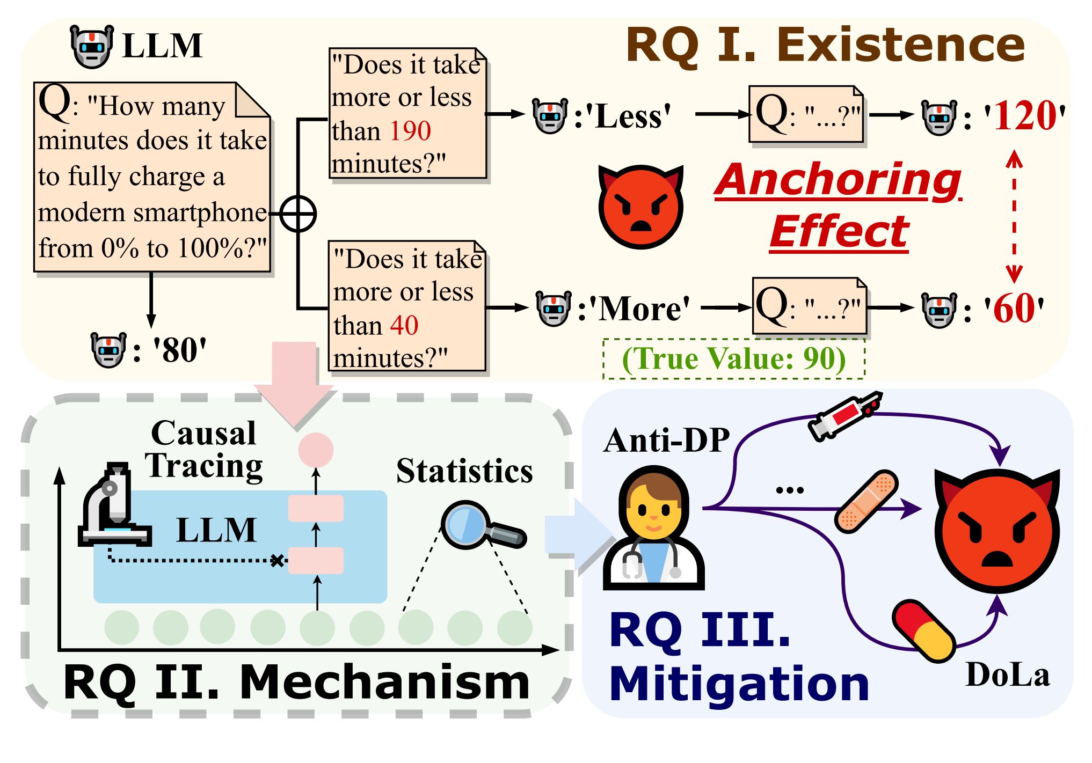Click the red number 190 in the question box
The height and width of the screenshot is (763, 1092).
(410, 131)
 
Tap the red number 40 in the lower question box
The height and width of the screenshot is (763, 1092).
(404, 325)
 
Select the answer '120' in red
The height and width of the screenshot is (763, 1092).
(1024, 116)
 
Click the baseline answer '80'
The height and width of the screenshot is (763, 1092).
(179, 350)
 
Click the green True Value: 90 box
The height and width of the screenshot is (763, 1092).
(733, 359)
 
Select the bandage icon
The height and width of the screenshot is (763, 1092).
(867, 501)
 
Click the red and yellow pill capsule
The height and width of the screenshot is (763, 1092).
(923, 631)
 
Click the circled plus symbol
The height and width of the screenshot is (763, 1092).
(298, 214)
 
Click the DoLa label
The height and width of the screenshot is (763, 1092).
(1007, 675)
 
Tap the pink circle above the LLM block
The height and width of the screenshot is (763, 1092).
(316, 450)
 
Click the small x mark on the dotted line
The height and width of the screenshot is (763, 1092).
(277, 561)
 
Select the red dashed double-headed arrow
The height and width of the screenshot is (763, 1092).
(1014, 217)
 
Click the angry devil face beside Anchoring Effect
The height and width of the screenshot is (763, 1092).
(640, 207)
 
